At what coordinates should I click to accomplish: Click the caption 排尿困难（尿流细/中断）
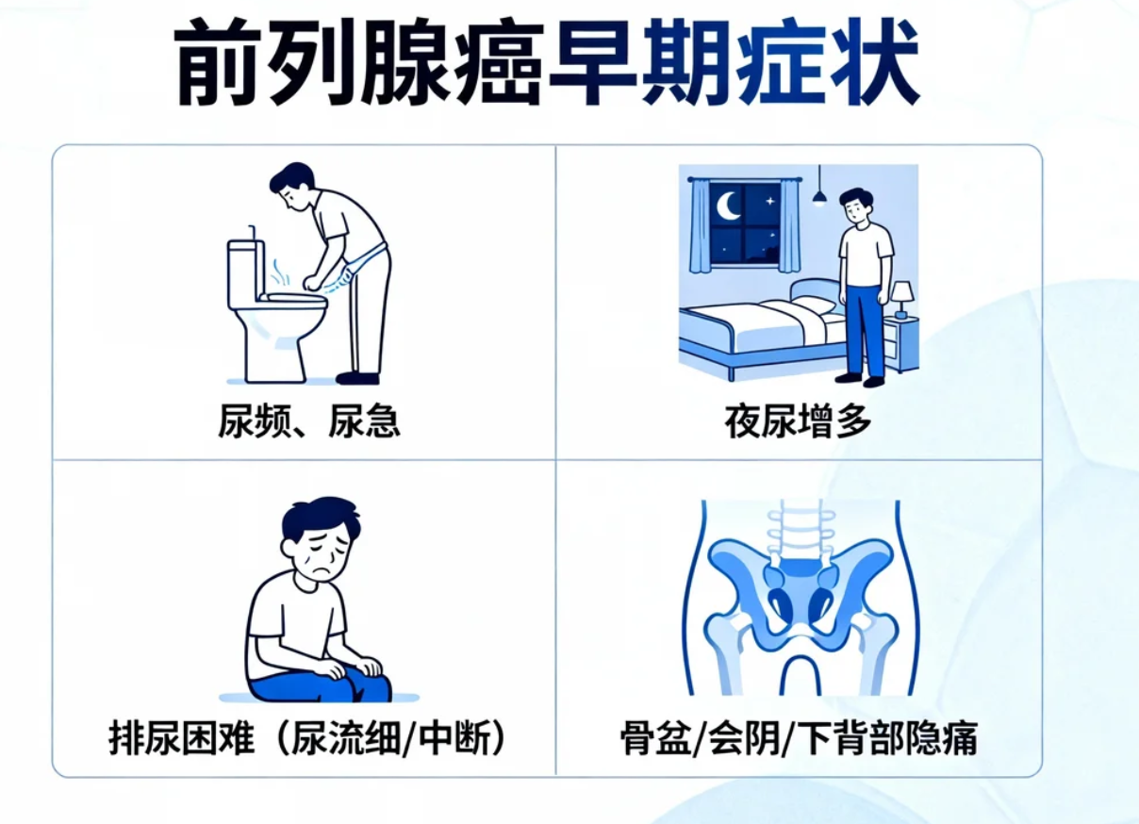pos(307,738)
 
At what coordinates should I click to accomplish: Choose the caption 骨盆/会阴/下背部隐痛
pos(799,738)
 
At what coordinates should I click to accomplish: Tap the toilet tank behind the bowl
pos(244,272)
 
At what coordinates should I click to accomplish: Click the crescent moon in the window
pos(729,205)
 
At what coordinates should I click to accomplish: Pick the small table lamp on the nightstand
pos(901,295)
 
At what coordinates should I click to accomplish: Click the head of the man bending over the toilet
pos(293,185)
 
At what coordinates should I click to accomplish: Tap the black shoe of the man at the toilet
pos(357,378)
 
